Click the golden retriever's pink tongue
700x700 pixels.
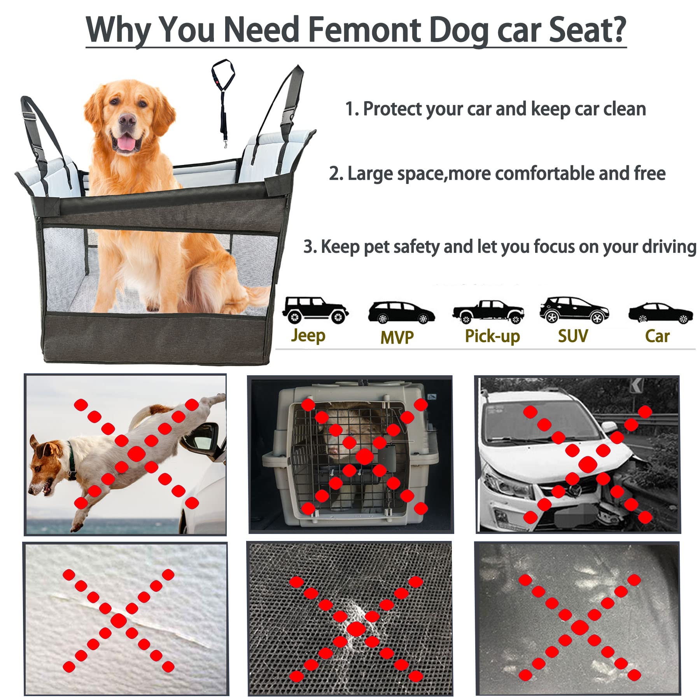pyautogui.click(x=126, y=145)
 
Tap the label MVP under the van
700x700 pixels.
pyautogui.click(x=397, y=337)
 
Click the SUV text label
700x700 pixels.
pyautogui.click(x=573, y=336)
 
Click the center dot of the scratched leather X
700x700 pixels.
pyautogui.click(x=119, y=621)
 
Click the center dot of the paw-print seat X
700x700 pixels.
pyautogui.click(x=579, y=627)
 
